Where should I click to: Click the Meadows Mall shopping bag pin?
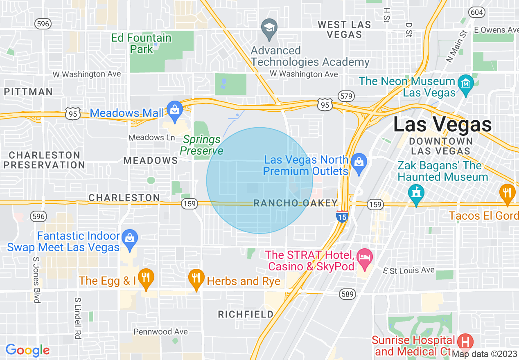[175, 110]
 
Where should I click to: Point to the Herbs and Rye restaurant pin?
[196, 278]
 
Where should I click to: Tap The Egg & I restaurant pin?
[145, 278]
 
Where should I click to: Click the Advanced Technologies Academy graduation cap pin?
[269, 29]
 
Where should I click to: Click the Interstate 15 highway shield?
[342, 216]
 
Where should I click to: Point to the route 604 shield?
[477, 12]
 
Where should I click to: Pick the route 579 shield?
[346, 96]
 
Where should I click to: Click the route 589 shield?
[347, 294]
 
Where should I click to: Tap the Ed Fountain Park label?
[141, 43]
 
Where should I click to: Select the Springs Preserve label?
[202, 145]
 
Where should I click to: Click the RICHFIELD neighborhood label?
[246, 314]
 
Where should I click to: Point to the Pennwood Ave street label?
[161, 331]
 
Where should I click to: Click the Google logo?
[27, 350]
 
